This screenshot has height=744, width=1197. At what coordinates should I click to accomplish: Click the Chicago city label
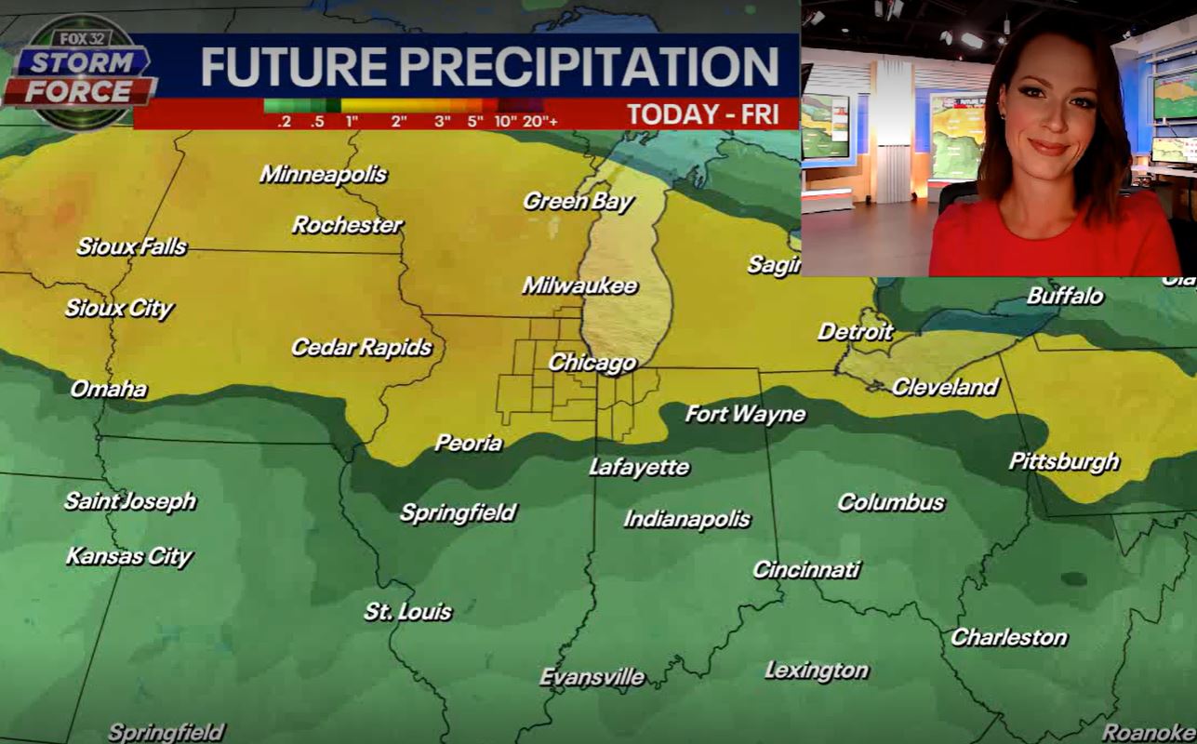[592, 363]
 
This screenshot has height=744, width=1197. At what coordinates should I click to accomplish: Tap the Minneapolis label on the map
[323, 174]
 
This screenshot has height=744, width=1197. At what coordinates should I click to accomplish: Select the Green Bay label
[578, 201]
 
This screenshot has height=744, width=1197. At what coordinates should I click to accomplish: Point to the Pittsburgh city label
[1064, 461]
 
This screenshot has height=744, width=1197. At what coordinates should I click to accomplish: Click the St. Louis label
[407, 611]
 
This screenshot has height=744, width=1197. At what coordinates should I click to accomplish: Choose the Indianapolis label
[686, 519]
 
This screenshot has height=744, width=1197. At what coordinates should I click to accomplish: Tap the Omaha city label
[109, 389]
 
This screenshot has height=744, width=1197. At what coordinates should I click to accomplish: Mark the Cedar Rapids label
[361, 348]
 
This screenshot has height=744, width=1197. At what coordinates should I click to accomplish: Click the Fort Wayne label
[745, 414]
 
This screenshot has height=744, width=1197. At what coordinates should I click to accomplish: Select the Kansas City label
[128, 557]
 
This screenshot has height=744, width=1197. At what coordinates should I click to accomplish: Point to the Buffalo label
[1065, 297]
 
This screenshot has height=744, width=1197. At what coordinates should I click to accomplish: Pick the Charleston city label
[1008, 638]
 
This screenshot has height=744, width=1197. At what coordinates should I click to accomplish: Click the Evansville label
[592, 677]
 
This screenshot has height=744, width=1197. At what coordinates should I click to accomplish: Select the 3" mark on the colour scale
[442, 121]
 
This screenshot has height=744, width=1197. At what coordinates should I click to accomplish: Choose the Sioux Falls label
[131, 247]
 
